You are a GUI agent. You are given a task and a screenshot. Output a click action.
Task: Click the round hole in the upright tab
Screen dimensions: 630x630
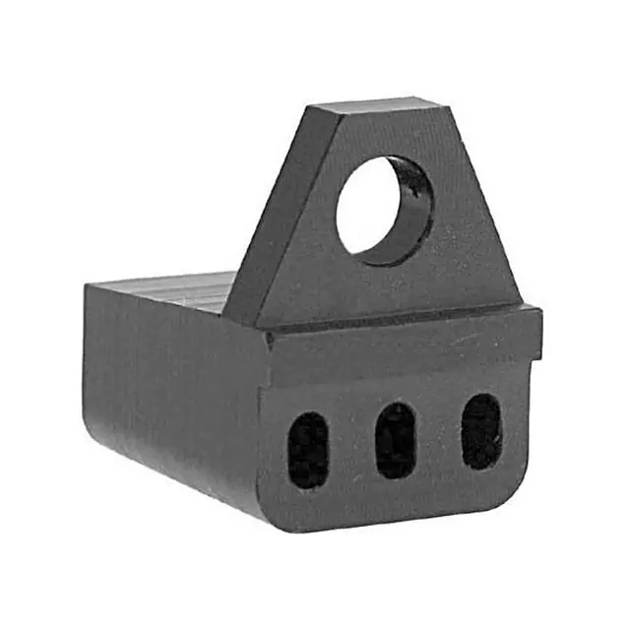coord(379,209)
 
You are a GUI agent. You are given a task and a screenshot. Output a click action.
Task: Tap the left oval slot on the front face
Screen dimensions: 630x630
coord(308,450)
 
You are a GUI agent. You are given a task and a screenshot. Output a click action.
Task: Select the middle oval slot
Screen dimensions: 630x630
coord(396,440)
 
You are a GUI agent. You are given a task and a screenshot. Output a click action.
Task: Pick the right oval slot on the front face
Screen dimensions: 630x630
coord(481,430)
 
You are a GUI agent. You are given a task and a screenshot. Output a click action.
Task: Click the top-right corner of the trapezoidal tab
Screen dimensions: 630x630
coord(437,99)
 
